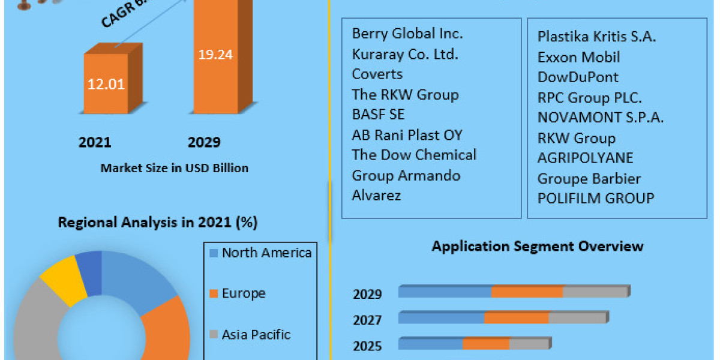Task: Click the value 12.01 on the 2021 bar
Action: [x=106, y=84]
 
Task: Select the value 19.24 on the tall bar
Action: [x=215, y=55]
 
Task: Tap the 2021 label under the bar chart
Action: [x=95, y=142]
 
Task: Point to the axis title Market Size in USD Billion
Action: [x=174, y=168]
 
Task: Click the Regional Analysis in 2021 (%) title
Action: [x=157, y=223]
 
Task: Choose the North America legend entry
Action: [x=266, y=253]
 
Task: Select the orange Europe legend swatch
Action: [x=212, y=294]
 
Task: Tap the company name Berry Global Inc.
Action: [x=407, y=34]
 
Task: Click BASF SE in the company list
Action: [x=378, y=114]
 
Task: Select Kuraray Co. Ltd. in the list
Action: [x=405, y=54]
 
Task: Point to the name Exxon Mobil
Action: [x=578, y=57]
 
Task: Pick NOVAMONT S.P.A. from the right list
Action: [x=601, y=118]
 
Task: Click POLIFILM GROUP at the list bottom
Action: [x=596, y=198]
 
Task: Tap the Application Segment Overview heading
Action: [x=538, y=246]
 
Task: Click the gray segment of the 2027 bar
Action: [x=577, y=318]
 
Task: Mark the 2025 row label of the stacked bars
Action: [x=367, y=346]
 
